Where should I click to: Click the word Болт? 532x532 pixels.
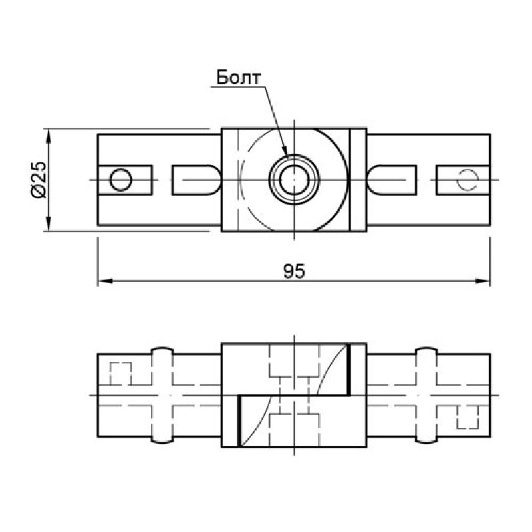(239, 78)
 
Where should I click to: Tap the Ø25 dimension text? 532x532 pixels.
(39, 180)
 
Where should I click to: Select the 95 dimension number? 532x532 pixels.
(294, 271)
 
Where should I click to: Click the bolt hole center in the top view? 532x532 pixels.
(294, 180)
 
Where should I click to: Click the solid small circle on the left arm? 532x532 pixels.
(121, 180)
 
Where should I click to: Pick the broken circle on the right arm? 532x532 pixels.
(467, 180)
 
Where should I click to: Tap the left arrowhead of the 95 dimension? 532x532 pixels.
(105, 281)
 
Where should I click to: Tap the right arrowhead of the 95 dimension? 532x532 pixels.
(483, 281)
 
